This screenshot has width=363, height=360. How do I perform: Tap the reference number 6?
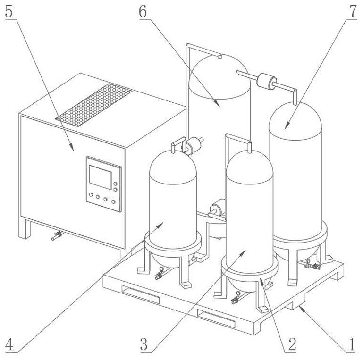click(x=143, y=11)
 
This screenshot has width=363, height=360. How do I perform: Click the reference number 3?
click(x=145, y=345)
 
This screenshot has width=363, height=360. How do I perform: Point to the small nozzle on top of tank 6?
click(x=220, y=57)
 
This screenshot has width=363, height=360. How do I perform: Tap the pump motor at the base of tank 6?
click(x=218, y=208)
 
